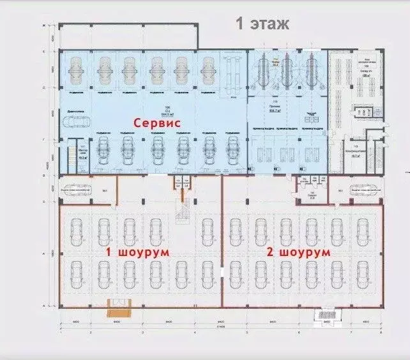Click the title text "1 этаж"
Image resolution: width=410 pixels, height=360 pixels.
[263, 24]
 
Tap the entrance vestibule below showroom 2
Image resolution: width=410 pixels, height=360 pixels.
[328, 314]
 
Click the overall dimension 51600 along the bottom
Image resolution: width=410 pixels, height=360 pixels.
[220, 327]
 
